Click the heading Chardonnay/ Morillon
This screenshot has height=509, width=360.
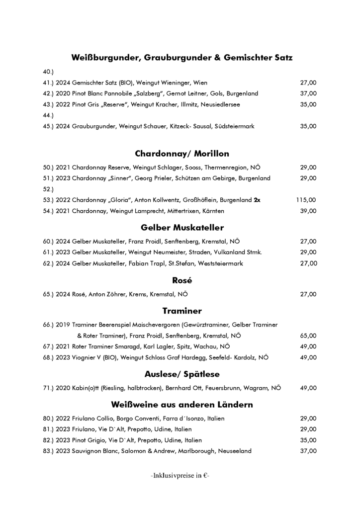(182, 154)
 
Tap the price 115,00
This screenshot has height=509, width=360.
(306, 200)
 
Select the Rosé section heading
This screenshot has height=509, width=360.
(182, 280)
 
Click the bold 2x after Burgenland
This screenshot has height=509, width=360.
(257, 200)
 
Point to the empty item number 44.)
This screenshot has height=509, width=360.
(48, 115)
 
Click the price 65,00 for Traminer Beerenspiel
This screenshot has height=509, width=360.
(308, 336)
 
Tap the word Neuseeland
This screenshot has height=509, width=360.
(234, 451)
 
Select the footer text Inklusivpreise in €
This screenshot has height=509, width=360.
(180, 475)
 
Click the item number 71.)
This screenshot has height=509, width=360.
(48, 388)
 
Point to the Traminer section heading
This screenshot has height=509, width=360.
(182, 311)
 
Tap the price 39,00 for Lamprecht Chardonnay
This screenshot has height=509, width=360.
(308, 211)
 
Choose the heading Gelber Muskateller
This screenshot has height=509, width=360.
(182, 228)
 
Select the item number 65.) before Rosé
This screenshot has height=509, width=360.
(48, 294)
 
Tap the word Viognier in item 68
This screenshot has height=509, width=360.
(85, 357)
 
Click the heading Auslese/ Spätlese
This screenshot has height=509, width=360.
(182, 374)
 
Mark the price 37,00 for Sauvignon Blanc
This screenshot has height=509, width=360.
(308, 451)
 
